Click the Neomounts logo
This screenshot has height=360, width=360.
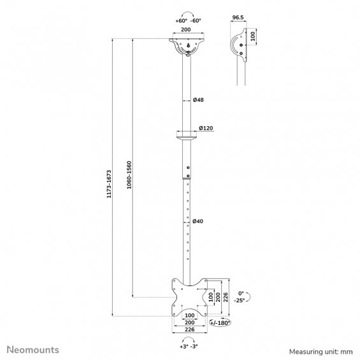point(33,350)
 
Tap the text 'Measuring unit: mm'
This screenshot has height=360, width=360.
point(320,352)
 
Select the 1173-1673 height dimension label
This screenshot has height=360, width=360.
point(109,184)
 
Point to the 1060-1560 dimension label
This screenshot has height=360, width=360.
point(129,175)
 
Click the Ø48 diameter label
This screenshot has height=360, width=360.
point(198,100)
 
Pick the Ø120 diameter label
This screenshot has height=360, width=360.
point(206,128)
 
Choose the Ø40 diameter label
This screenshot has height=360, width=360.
point(198,221)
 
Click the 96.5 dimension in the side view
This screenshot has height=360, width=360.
point(238,17)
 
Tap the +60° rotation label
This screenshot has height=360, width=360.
point(182,21)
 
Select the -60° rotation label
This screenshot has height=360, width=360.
point(196,20)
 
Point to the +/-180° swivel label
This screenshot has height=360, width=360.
point(220,323)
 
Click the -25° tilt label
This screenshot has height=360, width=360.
point(240,300)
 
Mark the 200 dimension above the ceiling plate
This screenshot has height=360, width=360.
point(186,29)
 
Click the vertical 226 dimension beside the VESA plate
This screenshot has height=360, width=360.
point(226,297)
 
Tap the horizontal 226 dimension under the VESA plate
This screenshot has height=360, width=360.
point(190,329)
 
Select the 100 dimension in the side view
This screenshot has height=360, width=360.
point(252,36)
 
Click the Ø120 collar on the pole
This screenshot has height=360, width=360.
point(187,135)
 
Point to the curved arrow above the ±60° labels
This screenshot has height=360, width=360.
point(188,13)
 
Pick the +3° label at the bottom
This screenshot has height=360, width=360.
point(184,347)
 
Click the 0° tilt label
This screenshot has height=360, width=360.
point(241,294)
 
